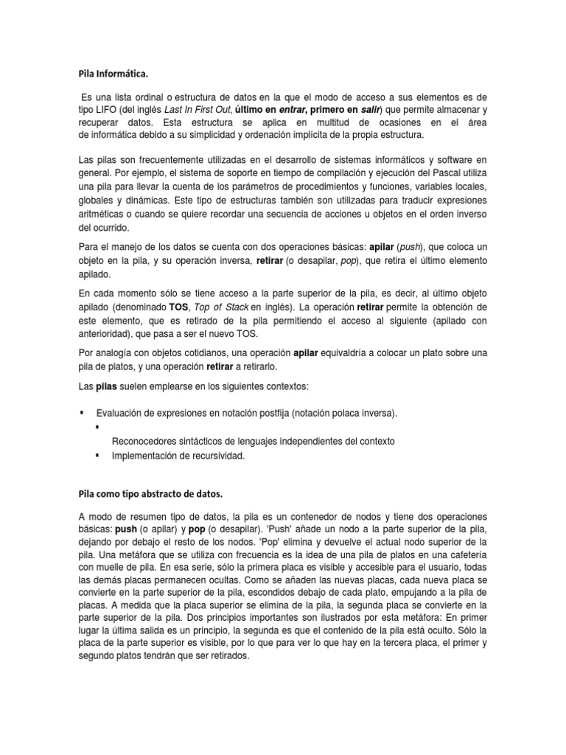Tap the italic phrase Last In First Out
[x=198, y=110]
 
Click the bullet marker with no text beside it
[x=97, y=427]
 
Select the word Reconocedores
[x=145, y=441]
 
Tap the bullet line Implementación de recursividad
[x=177, y=456]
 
